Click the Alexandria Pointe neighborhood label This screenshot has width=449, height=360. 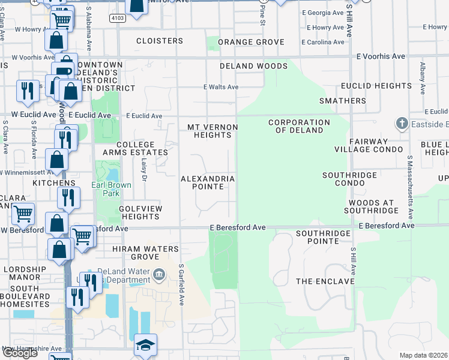tap(208, 183)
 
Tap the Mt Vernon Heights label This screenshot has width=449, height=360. tap(212, 131)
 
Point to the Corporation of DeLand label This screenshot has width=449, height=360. tap(299, 127)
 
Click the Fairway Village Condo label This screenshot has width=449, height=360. tap(361, 145)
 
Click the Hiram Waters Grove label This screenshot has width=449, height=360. tap(145, 253)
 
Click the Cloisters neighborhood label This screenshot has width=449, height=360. tap(159, 41)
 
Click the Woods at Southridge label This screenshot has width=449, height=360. tap(372, 206)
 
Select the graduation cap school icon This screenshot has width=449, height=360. tap(145, 345)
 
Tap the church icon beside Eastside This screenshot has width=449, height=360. tap(402, 124)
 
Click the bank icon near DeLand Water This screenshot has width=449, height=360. tap(160, 275)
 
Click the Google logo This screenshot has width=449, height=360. tap(20, 353)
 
